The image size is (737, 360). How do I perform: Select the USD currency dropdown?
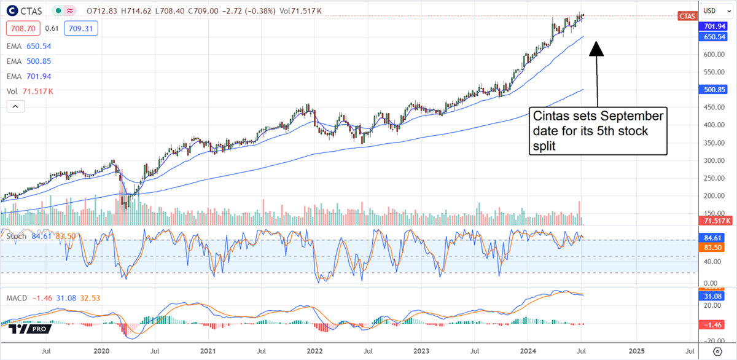click(x=712, y=11)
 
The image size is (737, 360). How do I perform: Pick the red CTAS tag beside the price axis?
click(x=686, y=17)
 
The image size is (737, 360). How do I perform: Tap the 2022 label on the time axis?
click(x=314, y=351)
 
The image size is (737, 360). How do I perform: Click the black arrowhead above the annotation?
click(x=596, y=49)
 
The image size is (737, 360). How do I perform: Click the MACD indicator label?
click(x=17, y=298)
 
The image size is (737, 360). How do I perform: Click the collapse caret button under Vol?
click(x=16, y=106)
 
